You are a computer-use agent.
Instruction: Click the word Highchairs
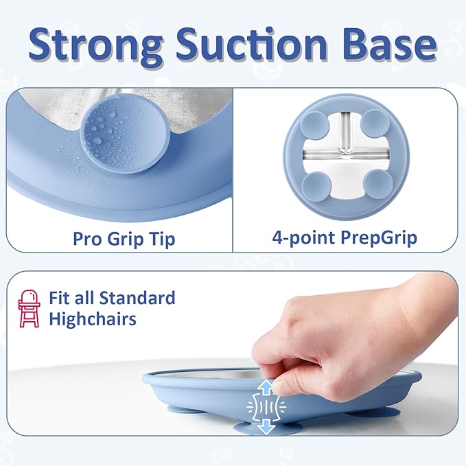pyautogui.click(x=92, y=319)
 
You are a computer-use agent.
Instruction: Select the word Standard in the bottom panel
pyautogui.click(x=137, y=299)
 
